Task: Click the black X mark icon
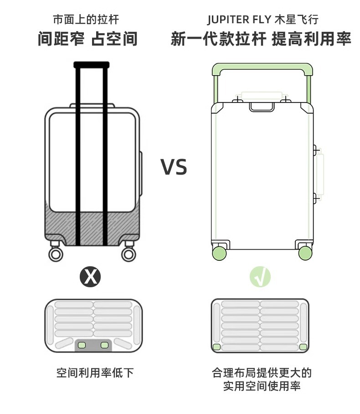pos(90,276)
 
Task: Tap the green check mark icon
pos(260,276)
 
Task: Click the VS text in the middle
pos(174,167)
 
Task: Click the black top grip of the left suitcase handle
pos(91,65)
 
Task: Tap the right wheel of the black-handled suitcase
pos(129,254)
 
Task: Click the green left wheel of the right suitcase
pos(220,252)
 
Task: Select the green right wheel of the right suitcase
pos(305,252)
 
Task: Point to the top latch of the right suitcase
pos(262,107)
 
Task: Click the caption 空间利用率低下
pos(95,373)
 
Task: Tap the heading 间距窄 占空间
pos(87,39)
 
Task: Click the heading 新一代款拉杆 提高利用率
pos(261,39)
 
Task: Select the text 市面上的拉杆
pos(86,20)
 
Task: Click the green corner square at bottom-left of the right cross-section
pos(217,347)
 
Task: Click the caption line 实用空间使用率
pos(262,386)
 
